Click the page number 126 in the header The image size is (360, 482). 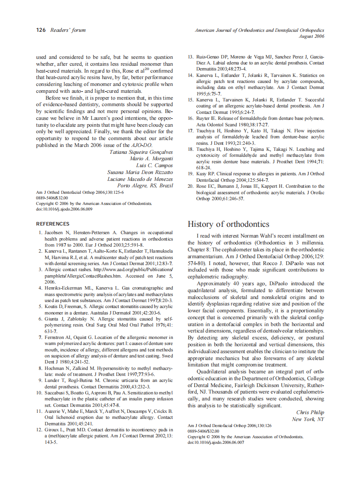[x=41, y=30]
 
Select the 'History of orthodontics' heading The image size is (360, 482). [x=228, y=224]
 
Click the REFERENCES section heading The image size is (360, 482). [x=52, y=224]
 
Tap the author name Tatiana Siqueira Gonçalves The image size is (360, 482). [x=141, y=152]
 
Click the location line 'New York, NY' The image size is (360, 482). [x=308, y=419]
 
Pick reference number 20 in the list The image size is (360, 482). [x=190, y=186]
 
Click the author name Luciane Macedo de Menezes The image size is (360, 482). [x=140, y=179]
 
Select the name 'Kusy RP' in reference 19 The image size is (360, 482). [x=206, y=174]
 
